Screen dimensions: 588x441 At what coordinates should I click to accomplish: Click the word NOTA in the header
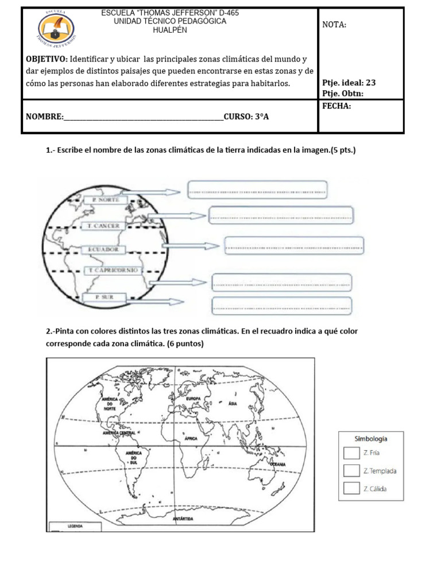coord(335,25)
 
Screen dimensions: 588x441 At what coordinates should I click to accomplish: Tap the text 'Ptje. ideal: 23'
coord(349,83)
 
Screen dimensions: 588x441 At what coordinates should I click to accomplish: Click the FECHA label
coord(337,106)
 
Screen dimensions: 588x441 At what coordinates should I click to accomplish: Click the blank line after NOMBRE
coord(144,117)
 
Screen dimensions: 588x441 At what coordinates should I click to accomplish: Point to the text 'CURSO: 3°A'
coord(246,117)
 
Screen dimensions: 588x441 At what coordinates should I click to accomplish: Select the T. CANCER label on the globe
coord(104,226)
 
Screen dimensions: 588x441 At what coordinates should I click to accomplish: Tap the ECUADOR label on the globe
coord(104,250)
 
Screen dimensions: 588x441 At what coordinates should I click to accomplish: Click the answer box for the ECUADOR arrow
coord(294,246)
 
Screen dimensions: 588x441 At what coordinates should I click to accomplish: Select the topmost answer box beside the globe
coord(257,189)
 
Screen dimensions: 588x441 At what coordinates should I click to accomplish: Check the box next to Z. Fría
coord(351,452)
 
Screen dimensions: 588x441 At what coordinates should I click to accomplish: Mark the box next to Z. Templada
coord(351,471)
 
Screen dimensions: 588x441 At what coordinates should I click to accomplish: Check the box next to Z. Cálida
coord(351,489)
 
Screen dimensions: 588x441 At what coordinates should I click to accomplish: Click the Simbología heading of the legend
coord(370,439)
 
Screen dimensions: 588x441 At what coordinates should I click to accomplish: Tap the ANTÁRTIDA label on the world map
coord(183,519)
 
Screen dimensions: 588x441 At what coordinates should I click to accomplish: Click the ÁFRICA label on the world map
coord(191,438)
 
